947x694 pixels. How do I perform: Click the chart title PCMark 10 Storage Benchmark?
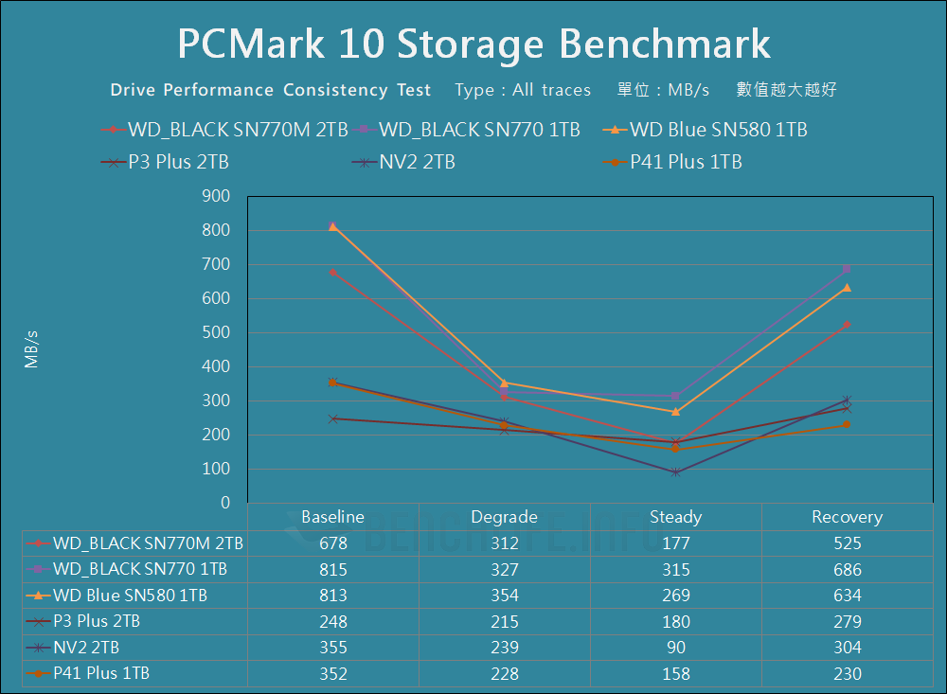tap(473, 44)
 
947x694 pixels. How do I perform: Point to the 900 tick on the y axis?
tap(217, 196)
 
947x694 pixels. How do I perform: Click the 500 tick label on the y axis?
tap(217, 332)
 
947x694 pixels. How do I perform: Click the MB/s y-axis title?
tap(32, 348)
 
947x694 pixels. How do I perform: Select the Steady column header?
tap(675, 517)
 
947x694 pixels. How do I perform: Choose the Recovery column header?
tap(847, 517)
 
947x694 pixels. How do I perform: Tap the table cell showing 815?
tap(333, 570)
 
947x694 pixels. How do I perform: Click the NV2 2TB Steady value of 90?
tap(675, 648)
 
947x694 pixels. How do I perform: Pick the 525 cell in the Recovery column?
tap(847, 543)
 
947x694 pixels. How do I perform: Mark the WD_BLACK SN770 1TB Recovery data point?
tap(847, 269)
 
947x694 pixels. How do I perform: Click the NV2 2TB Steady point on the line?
tap(675, 472)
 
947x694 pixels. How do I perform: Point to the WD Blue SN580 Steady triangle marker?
tap(675, 411)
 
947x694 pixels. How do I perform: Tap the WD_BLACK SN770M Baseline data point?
tap(333, 272)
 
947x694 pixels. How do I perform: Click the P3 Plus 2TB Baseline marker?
tap(333, 418)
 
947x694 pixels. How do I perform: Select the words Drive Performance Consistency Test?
tap(271, 90)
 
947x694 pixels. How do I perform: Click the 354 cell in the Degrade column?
tap(504, 596)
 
